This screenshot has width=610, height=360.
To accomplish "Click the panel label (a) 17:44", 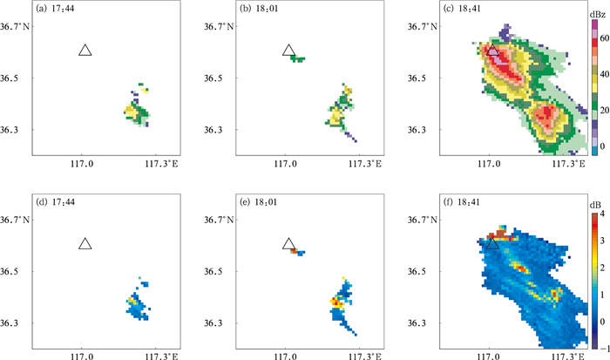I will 54,11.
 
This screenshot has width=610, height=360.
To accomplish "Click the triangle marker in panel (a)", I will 85,51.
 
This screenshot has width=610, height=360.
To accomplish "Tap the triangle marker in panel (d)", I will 85,243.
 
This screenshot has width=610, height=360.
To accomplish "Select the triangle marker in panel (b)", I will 288,51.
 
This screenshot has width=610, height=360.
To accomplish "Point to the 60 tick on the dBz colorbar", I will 601,38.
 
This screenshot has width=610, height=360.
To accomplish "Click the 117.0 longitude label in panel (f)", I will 489,355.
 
